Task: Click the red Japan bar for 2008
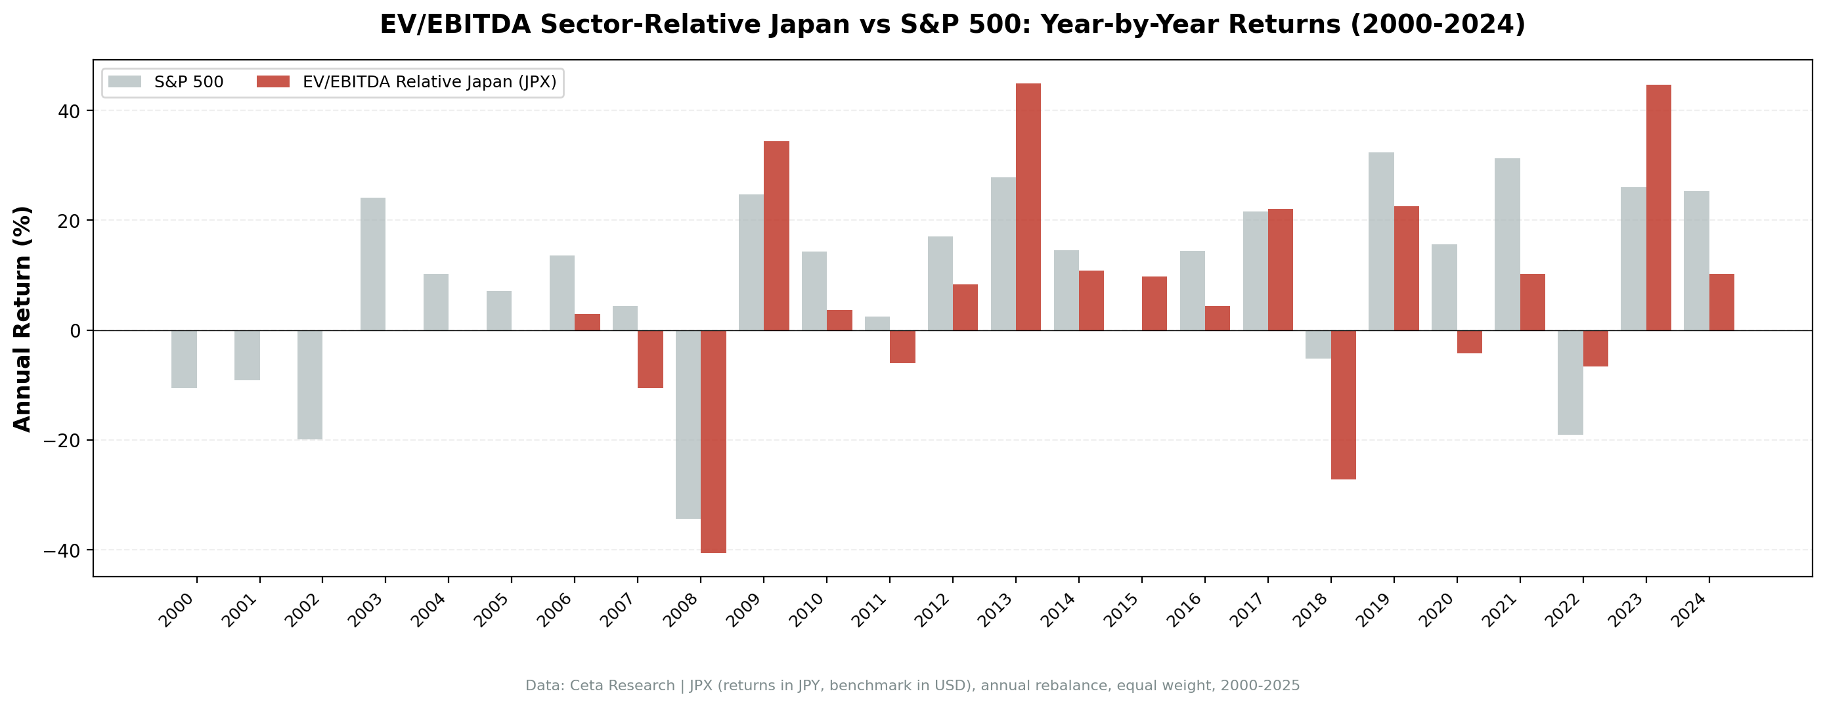point(713,441)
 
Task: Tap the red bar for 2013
point(1028,207)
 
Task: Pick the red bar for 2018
point(1343,404)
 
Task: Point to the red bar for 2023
point(1658,207)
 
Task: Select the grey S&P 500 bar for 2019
point(1381,241)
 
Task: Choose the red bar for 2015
point(1154,303)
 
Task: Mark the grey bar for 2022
point(1570,382)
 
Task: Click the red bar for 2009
point(776,235)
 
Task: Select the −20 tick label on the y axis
point(62,440)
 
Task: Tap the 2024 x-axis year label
point(1689,610)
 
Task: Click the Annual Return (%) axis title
point(23,319)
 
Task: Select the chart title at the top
point(952,24)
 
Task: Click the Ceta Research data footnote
point(913,686)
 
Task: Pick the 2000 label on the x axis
point(176,610)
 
